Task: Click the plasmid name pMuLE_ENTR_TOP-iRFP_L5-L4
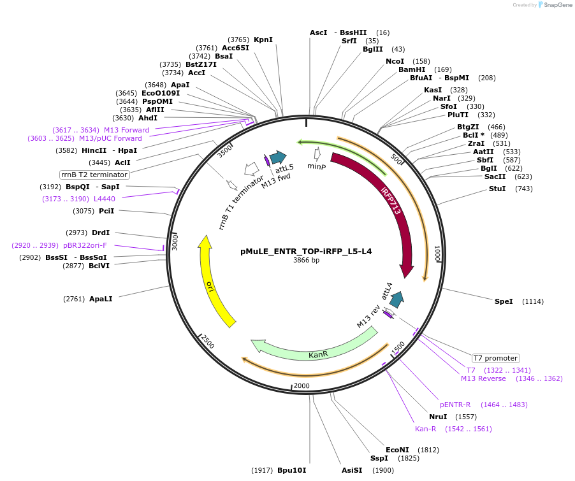pyautogui.click(x=306, y=251)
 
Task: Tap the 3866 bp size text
pyautogui.click(x=306, y=261)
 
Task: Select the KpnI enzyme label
pyautogui.click(x=263, y=39)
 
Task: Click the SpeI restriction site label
pyautogui.click(x=504, y=301)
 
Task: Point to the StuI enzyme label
pyautogui.click(x=497, y=189)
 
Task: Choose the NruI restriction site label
pyautogui.click(x=439, y=417)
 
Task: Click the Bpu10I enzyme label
pyautogui.click(x=291, y=470)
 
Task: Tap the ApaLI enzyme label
pyautogui.click(x=101, y=298)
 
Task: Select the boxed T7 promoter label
pyautogui.click(x=495, y=358)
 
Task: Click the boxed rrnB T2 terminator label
pyautogui.click(x=95, y=175)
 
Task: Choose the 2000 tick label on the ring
pyautogui.click(x=302, y=386)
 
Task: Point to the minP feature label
pyautogui.click(x=317, y=166)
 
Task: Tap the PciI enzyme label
pyautogui.click(x=105, y=211)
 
